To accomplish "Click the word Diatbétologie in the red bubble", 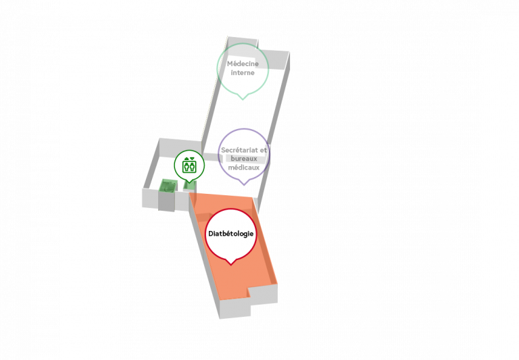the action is pyautogui.click(x=230, y=234).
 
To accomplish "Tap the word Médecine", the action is pyautogui.click(x=243, y=63).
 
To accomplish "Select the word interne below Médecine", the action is pyautogui.click(x=243, y=72).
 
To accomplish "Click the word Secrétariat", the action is pyautogui.click(x=239, y=150).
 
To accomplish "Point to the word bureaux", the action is pyautogui.click(x=244, y=159).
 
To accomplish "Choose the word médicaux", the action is pyautogui.click(x=244, y=168).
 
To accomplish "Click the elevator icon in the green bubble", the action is pyautogui.click(x=189, y=166).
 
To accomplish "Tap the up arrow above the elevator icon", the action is pyautogui.click(x=187, y=159).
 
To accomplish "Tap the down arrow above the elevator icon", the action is pyautogui.click(x=193, y=159).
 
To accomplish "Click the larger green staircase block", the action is pyautogui.click(x=168, y=185).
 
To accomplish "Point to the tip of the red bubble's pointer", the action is pyautogui.click(x=230, y=265).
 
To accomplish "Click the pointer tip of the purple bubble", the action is pyautogui.click(x=244, y=185).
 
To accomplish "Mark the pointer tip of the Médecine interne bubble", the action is pyautogui.click(x=243, y=99).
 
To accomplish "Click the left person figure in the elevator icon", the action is pyautogui.click(x=187, y=166).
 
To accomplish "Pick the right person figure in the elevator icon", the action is pyautogui.click(x=193, y=166).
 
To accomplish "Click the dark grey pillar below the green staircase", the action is pyautogui.click(x=166, y=201).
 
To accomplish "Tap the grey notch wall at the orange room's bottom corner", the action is pyautogui.click(x=264, y=295).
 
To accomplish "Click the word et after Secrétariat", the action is pyautogui.click(x=264, y=150).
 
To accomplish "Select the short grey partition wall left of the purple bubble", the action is pyautogui.click(x=211, y=157).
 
